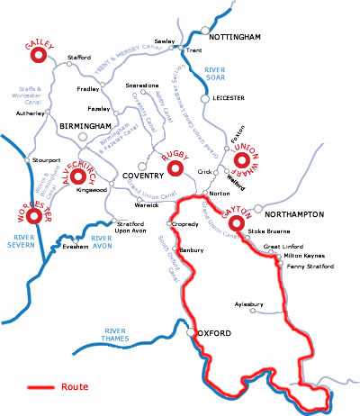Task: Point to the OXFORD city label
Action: click(218, 334)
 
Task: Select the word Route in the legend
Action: click(76, 387)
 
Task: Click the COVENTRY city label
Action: click(133, 173)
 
